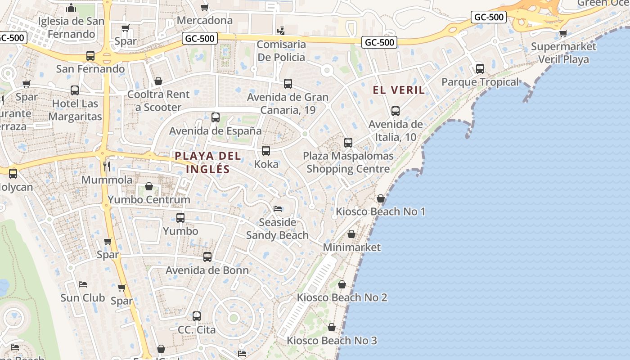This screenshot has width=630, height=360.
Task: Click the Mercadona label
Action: (x=205, y=20)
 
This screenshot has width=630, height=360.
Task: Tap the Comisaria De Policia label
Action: (x=281, y=51)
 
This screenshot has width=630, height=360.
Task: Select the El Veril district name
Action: (x=399, y=90)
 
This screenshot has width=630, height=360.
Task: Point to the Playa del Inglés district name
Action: (x=208, y=162)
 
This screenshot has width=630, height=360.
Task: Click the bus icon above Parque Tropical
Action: (x=480, y=69)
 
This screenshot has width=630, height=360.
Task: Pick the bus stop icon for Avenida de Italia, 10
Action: (x=396, y=111)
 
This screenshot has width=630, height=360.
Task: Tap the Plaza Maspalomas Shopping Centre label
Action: (x=348, y=162)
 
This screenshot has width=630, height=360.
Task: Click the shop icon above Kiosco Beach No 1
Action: (x=381, y=198)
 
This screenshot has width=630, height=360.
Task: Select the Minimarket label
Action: (x=352, y=247)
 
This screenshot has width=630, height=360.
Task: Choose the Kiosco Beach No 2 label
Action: (x=342, y=297)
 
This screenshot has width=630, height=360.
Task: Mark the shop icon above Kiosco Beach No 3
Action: (x=332, y=327)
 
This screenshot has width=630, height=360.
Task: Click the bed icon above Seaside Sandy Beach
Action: (x=278, y=209)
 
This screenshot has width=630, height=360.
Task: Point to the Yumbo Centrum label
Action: (x=149, y=199)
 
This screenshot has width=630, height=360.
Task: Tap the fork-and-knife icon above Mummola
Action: (x=107, y=166)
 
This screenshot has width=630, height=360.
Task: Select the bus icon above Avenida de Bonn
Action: (x=207, y=257)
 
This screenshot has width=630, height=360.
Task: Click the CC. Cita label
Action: (x=197, y=330)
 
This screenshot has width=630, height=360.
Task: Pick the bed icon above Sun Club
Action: (x=83, y=284)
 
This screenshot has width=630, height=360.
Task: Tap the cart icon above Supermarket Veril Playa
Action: (x=563, y=33)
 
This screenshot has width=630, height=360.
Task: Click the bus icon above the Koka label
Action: (x=266, y=151)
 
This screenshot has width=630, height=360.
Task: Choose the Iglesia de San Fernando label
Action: (x=71, y=27)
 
